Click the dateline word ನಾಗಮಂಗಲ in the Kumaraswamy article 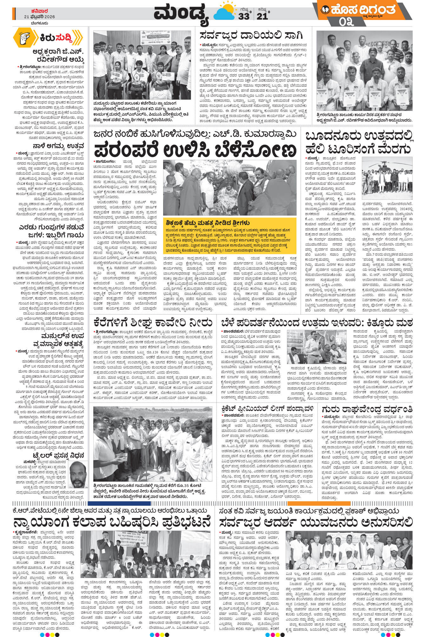[105, 162]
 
